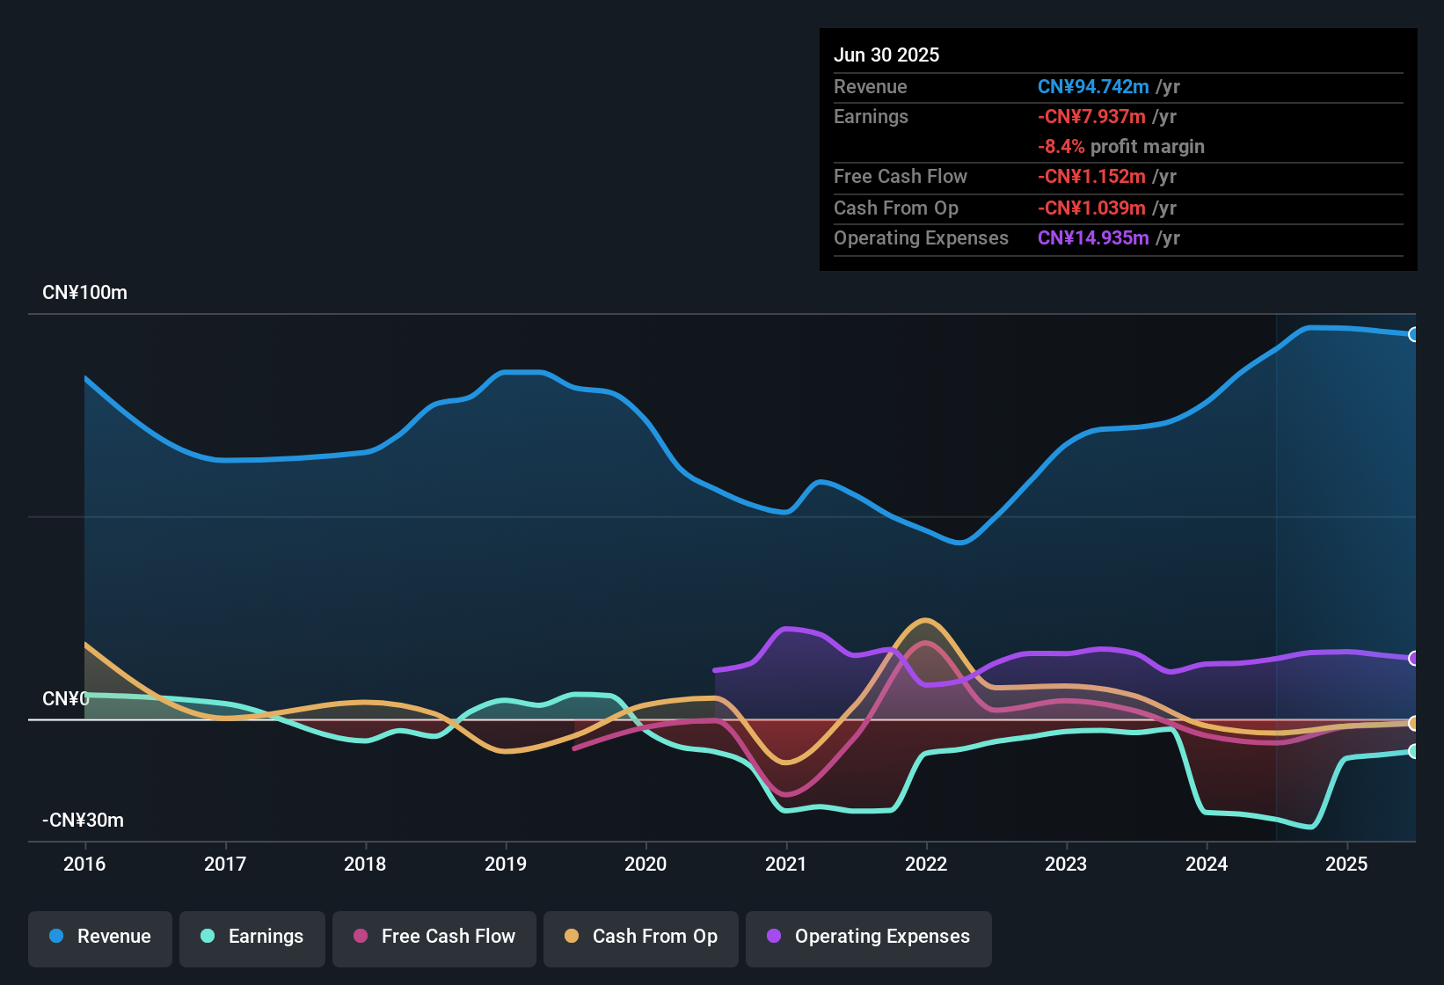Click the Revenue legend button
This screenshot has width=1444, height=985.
(100, 937)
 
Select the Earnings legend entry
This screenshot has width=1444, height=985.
(252, 937)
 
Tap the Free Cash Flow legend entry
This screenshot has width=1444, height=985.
(434, 937)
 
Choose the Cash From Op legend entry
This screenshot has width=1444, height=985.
(641, 937)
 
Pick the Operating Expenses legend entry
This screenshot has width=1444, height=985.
(869, 937)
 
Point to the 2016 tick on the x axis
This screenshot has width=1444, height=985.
(84, 864)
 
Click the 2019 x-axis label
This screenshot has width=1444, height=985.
(506, 864)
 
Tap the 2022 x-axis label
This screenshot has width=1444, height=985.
(926, 864)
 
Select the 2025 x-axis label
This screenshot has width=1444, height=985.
(1346, 864)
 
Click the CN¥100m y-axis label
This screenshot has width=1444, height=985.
(84, 293)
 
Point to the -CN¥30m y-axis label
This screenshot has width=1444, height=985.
(83, 821)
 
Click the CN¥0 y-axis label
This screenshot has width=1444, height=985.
(65, 699)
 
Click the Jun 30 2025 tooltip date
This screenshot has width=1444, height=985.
(886, 55)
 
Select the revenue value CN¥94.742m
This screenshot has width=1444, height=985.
(1093, 87)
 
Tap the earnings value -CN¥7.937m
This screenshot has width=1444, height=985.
(1091, 117)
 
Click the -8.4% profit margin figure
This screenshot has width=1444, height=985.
(1061, 147)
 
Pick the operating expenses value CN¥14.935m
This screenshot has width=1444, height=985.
(1093, 238)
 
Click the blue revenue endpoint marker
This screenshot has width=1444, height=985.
(1413, 334)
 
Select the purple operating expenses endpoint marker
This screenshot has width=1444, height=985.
(1413, 658)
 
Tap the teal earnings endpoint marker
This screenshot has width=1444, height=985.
(1413, 751)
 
